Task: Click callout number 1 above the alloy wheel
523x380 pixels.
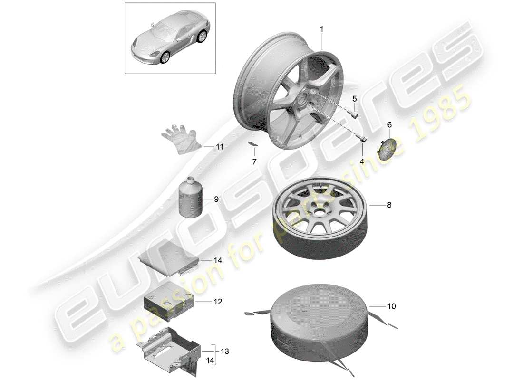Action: (x=321, y=29)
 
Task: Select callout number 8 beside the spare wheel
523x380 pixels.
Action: (x=389, y=205)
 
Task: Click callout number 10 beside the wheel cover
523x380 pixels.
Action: (x=391, y=306)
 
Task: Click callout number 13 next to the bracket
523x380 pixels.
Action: (x=225, y=351)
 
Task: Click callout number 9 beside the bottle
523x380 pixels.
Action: (x=216, y=199)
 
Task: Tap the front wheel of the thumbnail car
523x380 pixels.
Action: (x=165, y=57)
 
